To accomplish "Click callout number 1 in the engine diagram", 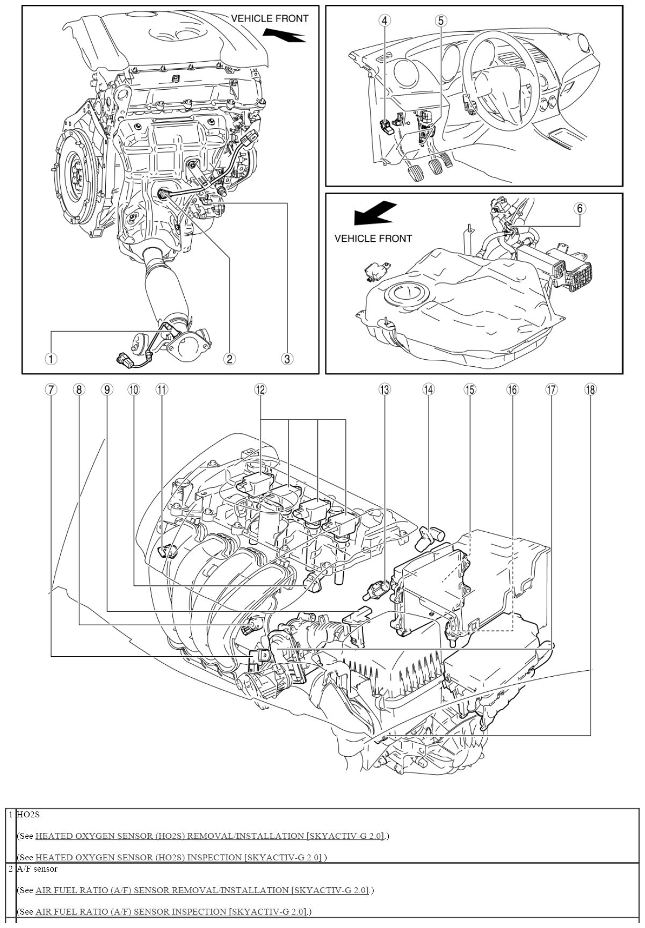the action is pyautogui.click(x=50, y=359).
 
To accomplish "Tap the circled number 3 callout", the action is pyautogui.click(x=287, y=359).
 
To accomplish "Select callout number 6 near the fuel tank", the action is pyautogui.click(x=580, y=208).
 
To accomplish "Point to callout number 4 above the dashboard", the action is pyautogui.click(x=384, y=20).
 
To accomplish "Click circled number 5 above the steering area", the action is pyautogui.click(x=440, y=20).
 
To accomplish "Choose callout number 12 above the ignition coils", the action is pyautogui.click(x=260, y=389).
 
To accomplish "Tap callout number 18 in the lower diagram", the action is pyautogui.click(x=590, y=389).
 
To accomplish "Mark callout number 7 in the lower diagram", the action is pyautogui.click(x=51, y=389).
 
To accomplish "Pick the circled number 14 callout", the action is pyautogui.click(x=428, y=389).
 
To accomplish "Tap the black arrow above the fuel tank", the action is pyautogui.click(x=374, y=214).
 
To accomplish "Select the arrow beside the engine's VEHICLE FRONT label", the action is pyautogui.click(x=284, y=34).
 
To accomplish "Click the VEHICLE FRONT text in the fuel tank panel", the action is pyautogui.click(x=373, y=238).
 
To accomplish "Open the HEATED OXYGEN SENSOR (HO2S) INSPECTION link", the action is pyautogui.click(x=178, y=858).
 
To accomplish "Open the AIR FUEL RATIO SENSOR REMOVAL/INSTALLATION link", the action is pyautogui.click(x=202, y=890).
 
